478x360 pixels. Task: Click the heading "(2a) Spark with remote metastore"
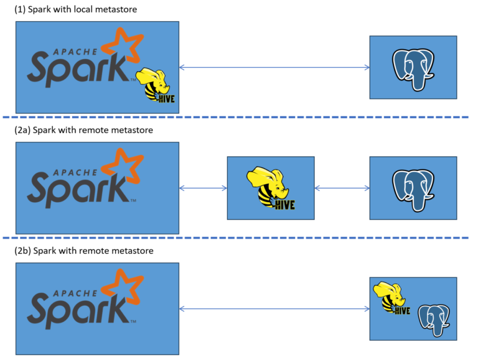coord(83,130)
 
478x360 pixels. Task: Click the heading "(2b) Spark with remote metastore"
coord(83,251)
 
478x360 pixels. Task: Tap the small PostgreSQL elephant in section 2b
coord(433,319)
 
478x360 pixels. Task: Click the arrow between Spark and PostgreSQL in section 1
coord(274,67)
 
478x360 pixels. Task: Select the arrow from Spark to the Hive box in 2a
coord(203,188)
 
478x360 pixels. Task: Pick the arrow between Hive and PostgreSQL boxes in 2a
coord(341,188)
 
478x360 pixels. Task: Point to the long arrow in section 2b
coord(274,308)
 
